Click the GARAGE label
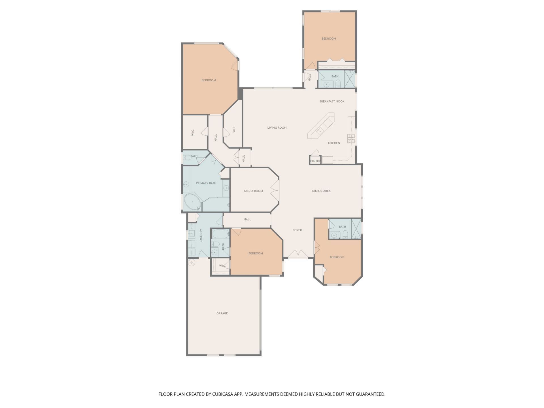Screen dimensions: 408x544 point(222,313)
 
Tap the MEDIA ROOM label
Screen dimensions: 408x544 point(253,191)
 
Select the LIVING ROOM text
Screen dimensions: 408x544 point(277,128)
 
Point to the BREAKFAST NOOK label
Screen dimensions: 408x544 point(332,101)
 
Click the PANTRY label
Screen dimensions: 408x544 point(315,161)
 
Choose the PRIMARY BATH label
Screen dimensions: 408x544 point(206,183)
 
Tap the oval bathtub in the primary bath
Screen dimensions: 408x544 point(193,202)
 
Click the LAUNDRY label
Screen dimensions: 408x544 point(201,235)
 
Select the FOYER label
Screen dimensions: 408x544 point(297,230)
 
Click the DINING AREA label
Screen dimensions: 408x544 point(321,191)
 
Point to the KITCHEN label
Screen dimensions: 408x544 point(334,143)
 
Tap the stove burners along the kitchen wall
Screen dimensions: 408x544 point(351,139)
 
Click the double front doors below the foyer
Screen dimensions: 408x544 point(298,255)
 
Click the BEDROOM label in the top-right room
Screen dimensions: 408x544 point(329,39)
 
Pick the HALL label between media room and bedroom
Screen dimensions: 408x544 point(247,219)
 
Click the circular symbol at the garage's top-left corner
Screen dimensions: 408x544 point(192,263)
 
